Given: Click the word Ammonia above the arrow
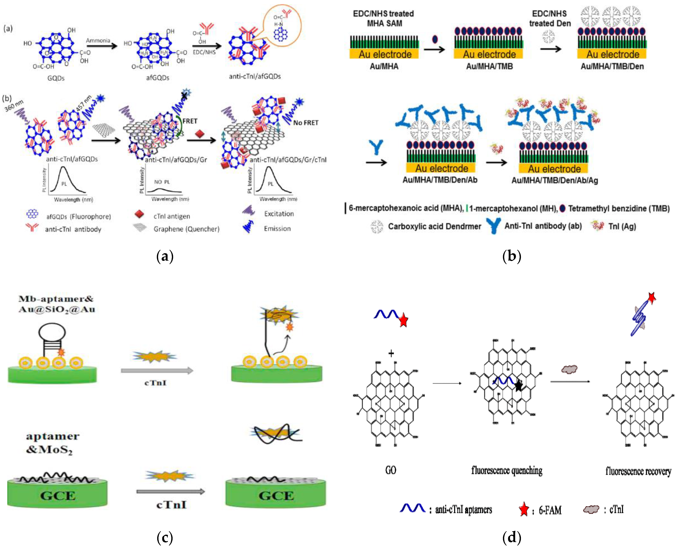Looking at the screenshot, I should coord(98,40).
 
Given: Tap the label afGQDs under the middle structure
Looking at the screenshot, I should coord(158,78).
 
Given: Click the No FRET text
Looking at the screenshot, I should coord(306,123).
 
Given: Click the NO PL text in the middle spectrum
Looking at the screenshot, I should coord(162,182).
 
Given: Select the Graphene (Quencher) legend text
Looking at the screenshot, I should coord(186,229).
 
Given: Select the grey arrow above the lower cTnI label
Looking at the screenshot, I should coord(171,491).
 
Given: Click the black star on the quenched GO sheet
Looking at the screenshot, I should coord(518,386).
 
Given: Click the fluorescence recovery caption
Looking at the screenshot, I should coord(638,471).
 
